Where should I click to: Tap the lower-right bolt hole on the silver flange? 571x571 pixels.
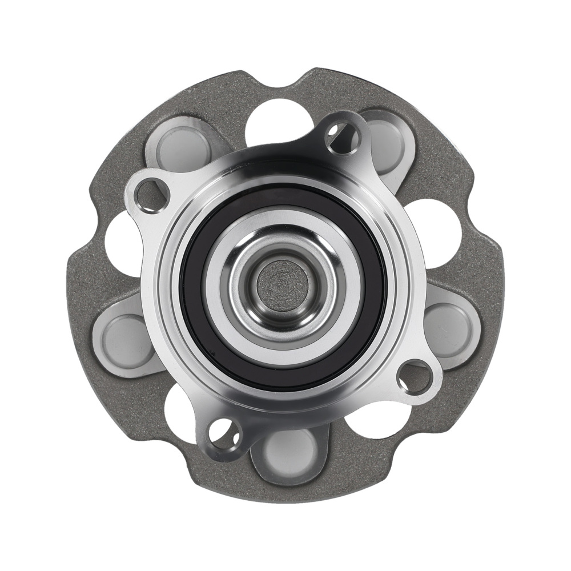[415, 377]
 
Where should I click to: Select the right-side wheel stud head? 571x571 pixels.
[448, 328]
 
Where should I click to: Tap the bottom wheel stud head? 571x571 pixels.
[291, 451]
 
